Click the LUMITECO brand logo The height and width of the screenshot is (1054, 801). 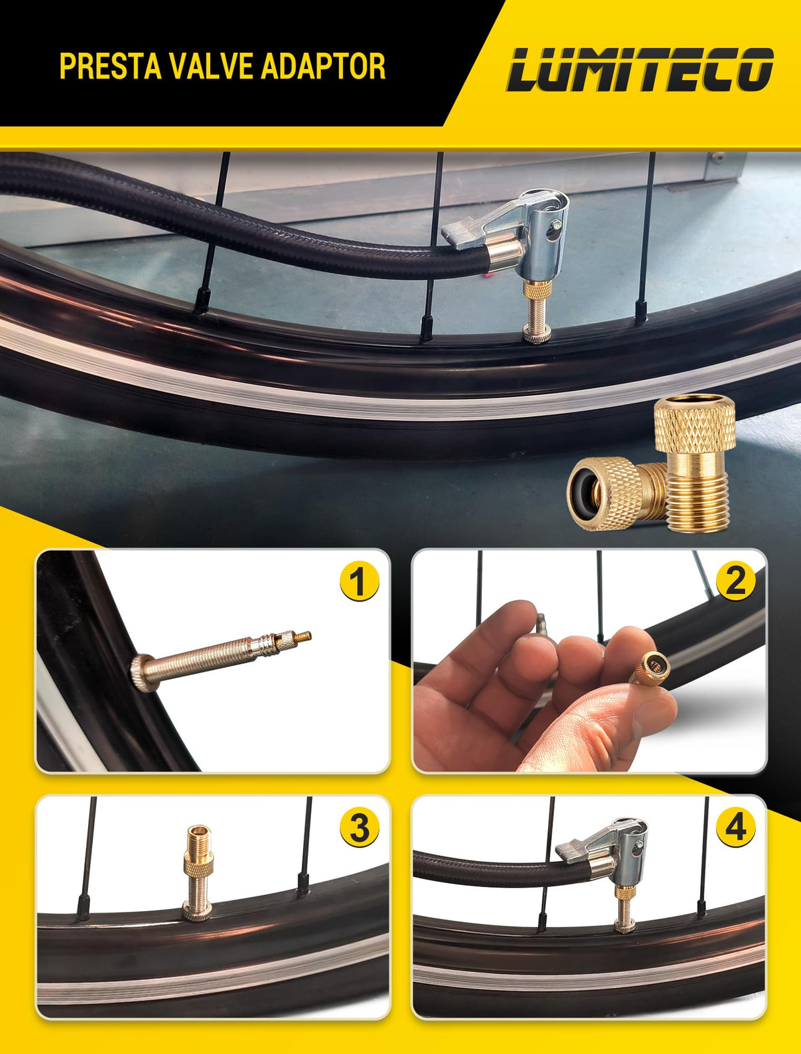click(x=640, y=69)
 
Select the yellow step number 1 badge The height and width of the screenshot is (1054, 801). click(x=358, y=581)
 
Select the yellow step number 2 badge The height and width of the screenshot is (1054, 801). click(x=735, y=581)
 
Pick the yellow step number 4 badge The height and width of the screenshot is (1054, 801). click(x=735, y=827)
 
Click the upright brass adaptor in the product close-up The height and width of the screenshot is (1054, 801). click(x=696, y=463)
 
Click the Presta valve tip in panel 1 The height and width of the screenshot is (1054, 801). click(x=303, y=637)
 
